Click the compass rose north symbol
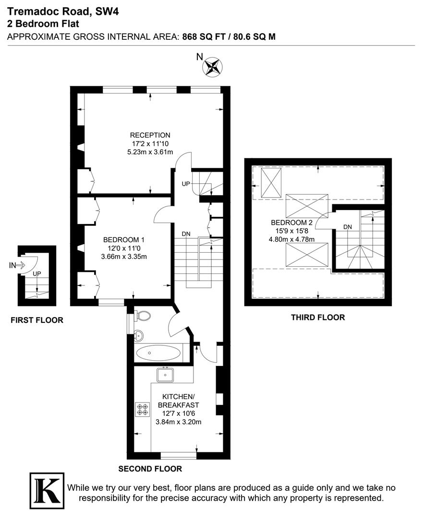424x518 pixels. (x=212, y=66)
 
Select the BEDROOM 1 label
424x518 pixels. (x=124, y=240)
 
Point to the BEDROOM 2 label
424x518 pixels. (x=291, y=223)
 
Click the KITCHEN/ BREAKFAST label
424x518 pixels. (x=178, y=401)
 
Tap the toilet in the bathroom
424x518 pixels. (x=143, y=316)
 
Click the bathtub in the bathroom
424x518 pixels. (x=158, y=354)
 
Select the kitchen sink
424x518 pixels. (x=165, y=374)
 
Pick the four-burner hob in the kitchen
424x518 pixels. (x=143, y=409)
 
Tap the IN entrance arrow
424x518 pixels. (x=17, y=265)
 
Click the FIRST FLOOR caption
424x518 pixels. (x=37, y=320)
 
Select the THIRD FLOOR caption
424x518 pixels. (x=318, y=318)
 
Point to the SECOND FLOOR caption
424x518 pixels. (x=150, y=469)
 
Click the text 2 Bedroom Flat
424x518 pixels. (x=43, y=24)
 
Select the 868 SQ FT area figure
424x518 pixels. (x=202, y=36)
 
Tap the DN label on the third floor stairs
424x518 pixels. (x=348, y=227)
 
